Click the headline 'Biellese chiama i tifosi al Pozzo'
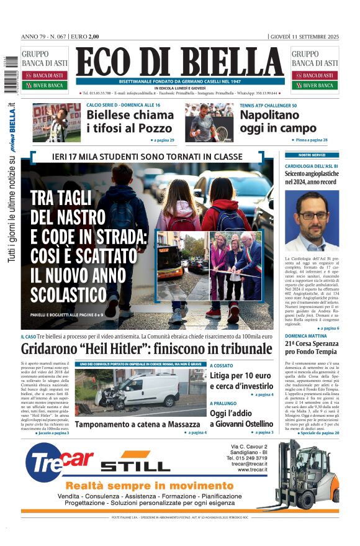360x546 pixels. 130,122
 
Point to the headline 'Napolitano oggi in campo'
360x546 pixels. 278,122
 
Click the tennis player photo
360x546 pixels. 209,122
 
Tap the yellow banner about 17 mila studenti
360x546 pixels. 147,157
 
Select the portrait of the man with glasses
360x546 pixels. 312,221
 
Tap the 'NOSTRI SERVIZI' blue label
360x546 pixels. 312,155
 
